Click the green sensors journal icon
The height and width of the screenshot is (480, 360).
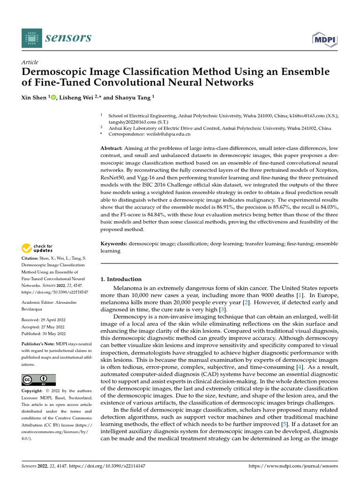pos(31,37)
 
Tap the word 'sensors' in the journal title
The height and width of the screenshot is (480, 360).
pos(68,37)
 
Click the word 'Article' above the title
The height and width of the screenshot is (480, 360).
pos(30,62)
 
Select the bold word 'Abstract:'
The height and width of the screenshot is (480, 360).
pos(113,148)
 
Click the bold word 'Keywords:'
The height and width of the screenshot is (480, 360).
pos(114,244)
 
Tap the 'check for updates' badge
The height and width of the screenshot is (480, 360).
pos(37,248)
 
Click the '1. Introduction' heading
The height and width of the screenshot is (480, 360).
pos(121,279)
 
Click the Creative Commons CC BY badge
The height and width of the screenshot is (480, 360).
pos(38,380)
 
